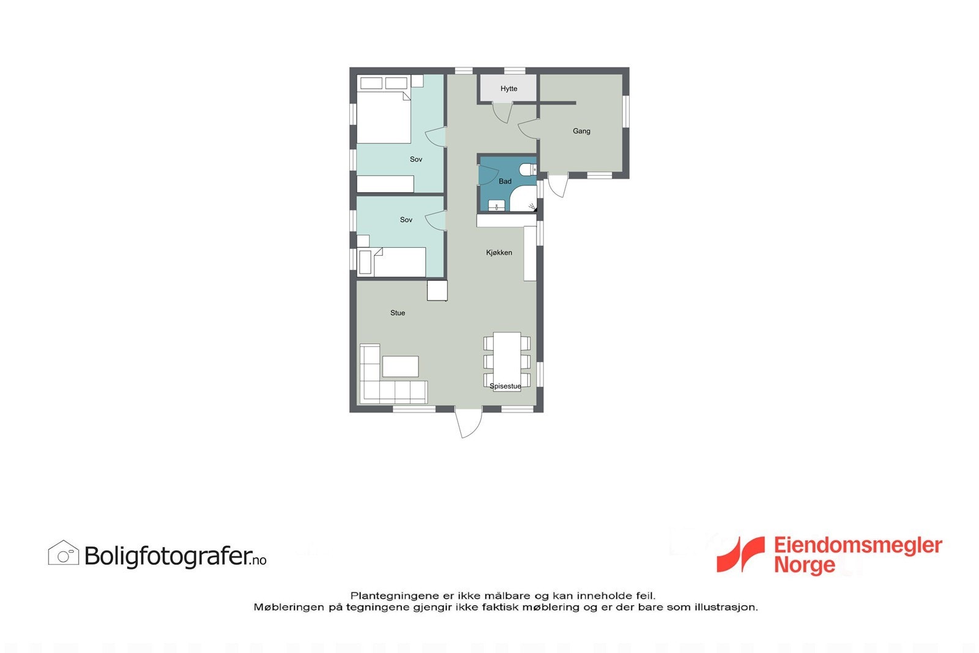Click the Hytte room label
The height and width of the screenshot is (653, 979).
[508, 89]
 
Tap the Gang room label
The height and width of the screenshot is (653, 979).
[581, 131]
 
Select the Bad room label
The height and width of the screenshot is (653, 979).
[505, 181]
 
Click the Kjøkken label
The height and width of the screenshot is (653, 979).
[499, 253]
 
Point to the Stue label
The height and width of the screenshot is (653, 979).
[398, 313]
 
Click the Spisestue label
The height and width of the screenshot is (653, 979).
[505, 386]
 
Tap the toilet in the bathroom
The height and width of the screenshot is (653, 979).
[527, 170]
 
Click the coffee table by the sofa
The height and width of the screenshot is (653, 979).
[400, 367]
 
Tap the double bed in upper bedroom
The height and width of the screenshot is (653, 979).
[384, 116]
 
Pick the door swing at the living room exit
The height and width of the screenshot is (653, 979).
[469, 424]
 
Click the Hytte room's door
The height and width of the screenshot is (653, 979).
[502, 113]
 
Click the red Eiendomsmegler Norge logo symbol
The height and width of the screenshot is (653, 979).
[740, 554]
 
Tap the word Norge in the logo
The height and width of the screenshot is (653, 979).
[804, 565]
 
